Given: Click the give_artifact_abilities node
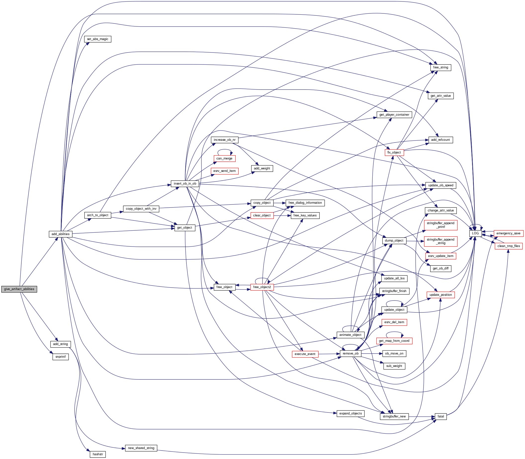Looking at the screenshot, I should click(x=19, y=289).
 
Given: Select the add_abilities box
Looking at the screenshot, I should click(x=60, y=234).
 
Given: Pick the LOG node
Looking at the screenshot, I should click(x=475, y=233).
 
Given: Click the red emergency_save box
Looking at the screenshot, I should click(x=508, y=233).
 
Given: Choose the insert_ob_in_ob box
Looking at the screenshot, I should click(x=185, y=184).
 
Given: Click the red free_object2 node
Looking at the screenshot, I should click(x=262, y=287).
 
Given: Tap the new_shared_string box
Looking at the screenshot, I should click(x=141, y=448).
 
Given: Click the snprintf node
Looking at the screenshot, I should click(x=61, y=357).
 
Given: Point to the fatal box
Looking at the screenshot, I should click(x=441, y=416).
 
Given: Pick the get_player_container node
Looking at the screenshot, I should click(x=394, y=115).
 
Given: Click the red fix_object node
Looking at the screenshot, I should click(x=394, y=153).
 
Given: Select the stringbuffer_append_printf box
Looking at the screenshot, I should click(x=440, y=225).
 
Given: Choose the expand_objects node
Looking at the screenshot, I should click(x=350, y=413).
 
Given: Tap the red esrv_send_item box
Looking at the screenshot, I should click(x=224, y=171).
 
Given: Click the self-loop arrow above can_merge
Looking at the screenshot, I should click(x=224, y=150).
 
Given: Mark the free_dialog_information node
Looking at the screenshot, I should click(x=305, y=203).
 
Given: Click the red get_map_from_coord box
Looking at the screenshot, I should click(x=394, y=341).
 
